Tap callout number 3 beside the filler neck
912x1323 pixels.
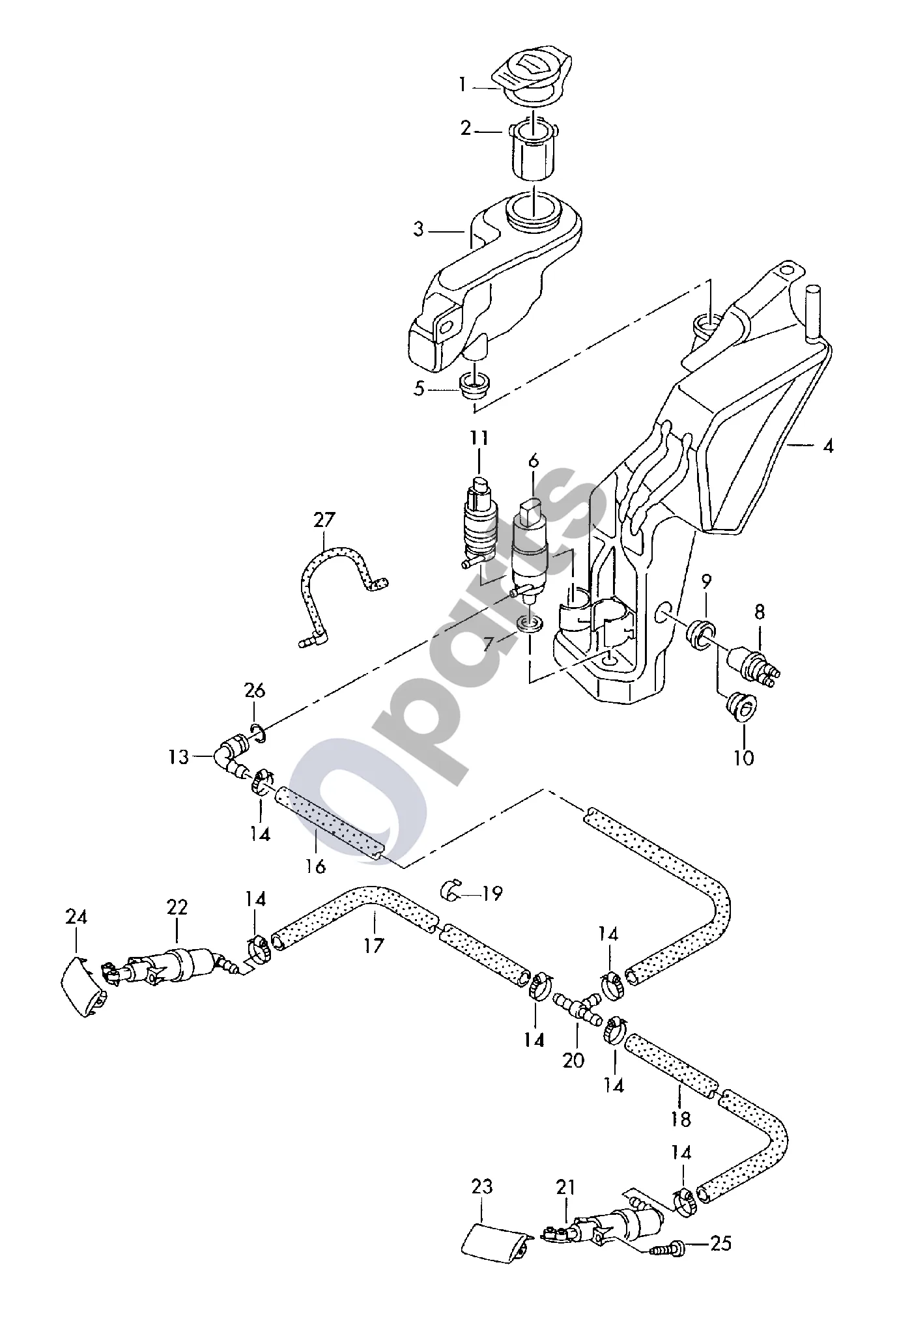[x=418, y=229]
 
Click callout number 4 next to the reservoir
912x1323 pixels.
[x=827, y=447]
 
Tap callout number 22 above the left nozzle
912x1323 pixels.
[x=177, y=907]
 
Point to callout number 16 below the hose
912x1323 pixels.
[x=315, y=866]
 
